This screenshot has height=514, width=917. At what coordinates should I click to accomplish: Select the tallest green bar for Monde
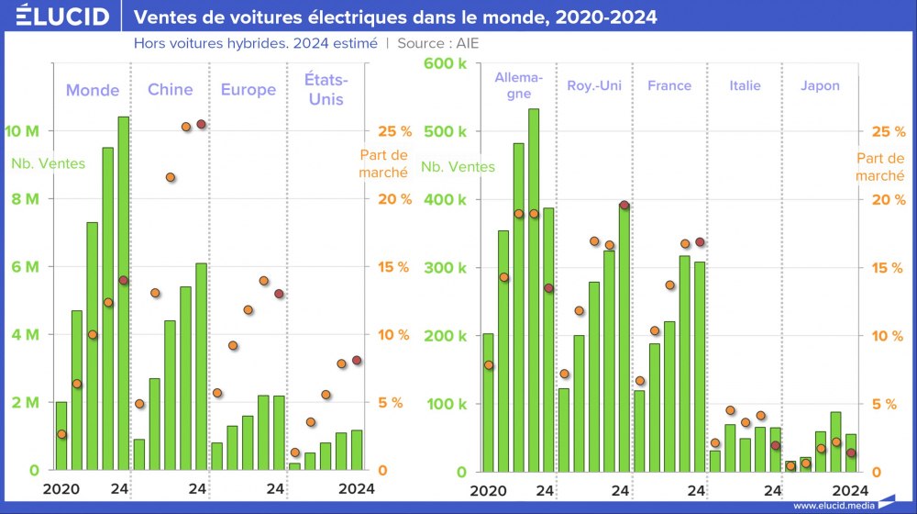(123, 294)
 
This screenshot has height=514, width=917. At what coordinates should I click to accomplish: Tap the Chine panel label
(171, 89)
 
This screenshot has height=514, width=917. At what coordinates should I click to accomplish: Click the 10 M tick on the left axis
(22, 131)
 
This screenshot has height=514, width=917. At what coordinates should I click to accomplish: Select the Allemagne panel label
(518, 85)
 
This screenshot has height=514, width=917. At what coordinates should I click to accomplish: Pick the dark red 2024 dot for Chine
(201, 124)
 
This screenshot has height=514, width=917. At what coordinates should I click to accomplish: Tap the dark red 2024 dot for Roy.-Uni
(624, 206)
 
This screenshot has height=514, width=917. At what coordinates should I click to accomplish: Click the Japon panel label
(819, 85)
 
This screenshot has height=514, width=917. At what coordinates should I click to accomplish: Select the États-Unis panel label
(326, 89)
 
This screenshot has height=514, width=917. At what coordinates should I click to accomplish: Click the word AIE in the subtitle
(467, 43)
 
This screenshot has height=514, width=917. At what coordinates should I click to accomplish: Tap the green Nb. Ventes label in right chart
(458, 167)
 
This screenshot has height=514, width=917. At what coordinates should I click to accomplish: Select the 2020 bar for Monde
(61, 436)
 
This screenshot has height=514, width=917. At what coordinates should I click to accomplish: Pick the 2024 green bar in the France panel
(700, 367)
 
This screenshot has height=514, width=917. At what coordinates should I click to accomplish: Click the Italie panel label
(745, 85)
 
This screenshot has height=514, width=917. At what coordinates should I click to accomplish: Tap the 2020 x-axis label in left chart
(61, 489)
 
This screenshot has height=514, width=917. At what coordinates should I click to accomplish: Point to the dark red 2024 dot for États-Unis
(357, 361)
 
